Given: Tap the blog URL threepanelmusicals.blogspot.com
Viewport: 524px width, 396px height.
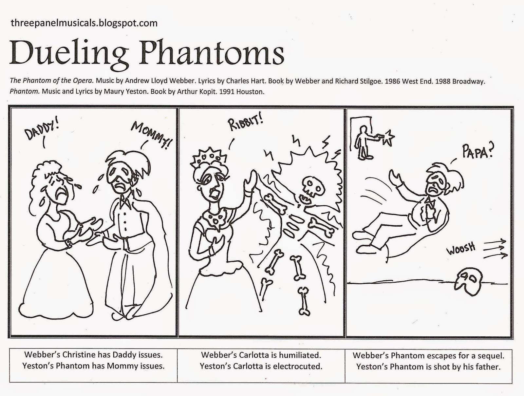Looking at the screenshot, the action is coord(84,23).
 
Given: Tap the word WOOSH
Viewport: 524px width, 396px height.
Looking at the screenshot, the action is coord(461,249).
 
